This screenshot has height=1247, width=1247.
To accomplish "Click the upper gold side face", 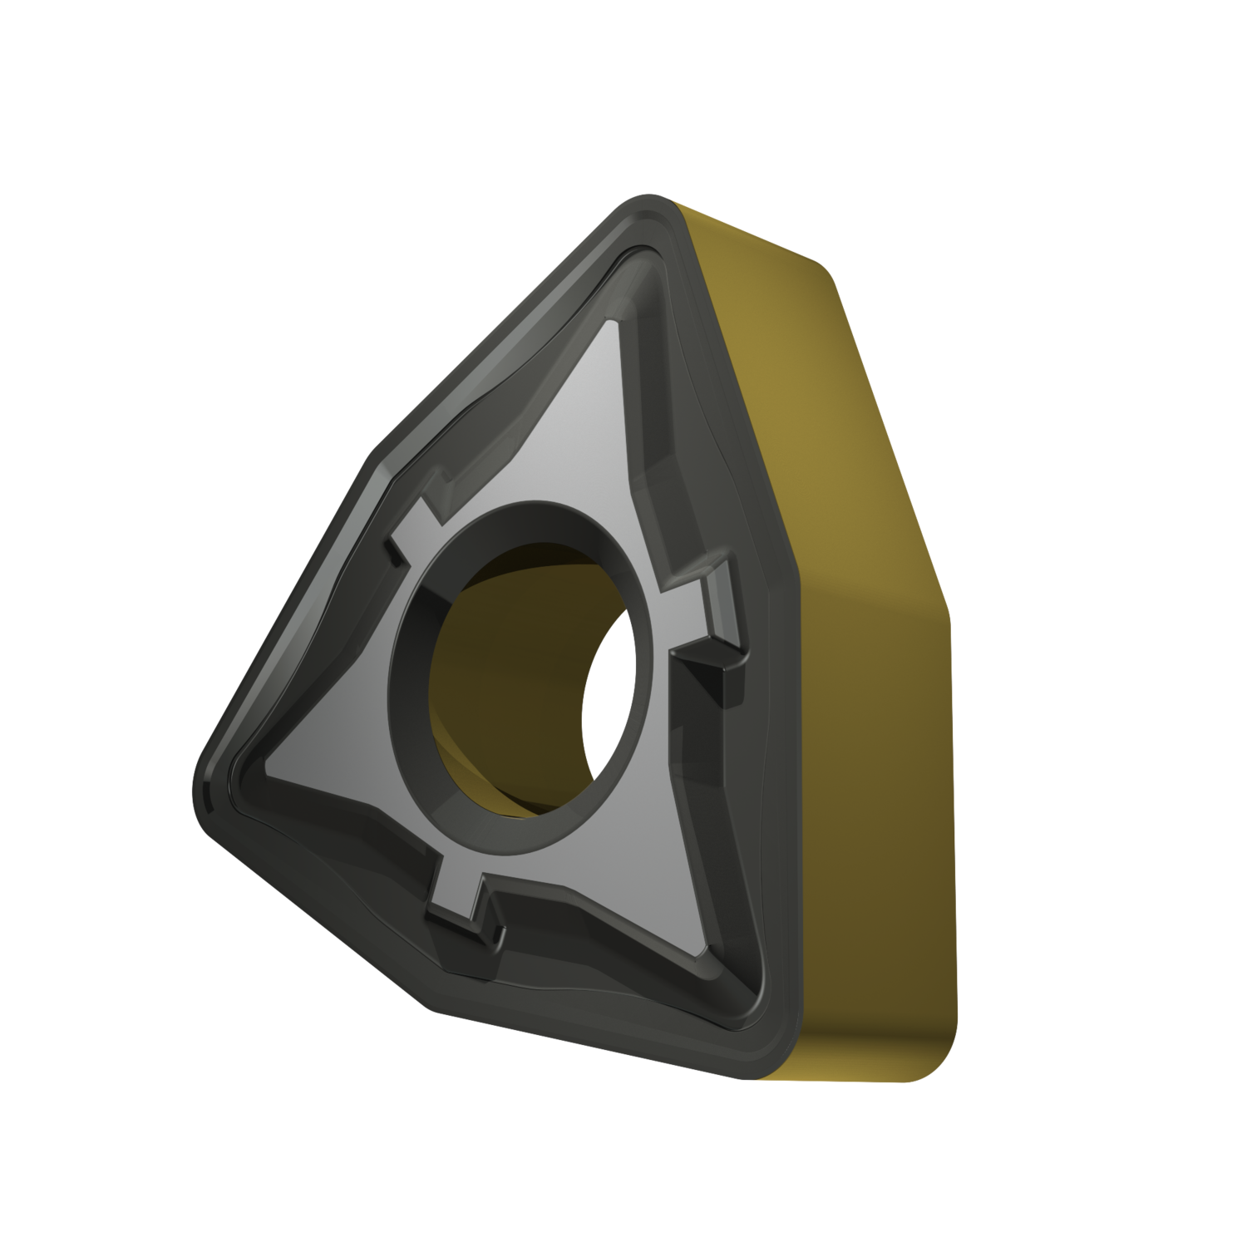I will (x=790, y=374).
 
